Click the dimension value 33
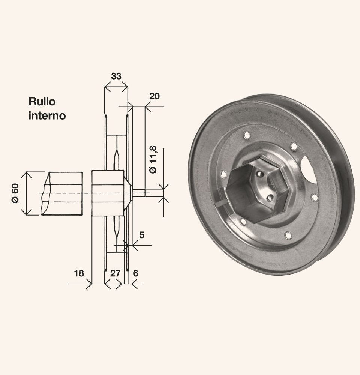(116, 76)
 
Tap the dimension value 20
(154, 96)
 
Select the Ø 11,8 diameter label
(153, 159)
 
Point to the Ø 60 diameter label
(15, 193)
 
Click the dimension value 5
(142, 235)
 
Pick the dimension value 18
(79, 273)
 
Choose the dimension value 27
(115, 273)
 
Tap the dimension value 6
(135, 273)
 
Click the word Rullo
(42, 101)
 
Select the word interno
(47, 115)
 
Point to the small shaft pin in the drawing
(141, 193)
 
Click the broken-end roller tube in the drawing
(62, 193)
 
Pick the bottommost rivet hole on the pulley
(288, 235)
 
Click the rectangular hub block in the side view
(108, 193)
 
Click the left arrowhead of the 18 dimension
(89, 284)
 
